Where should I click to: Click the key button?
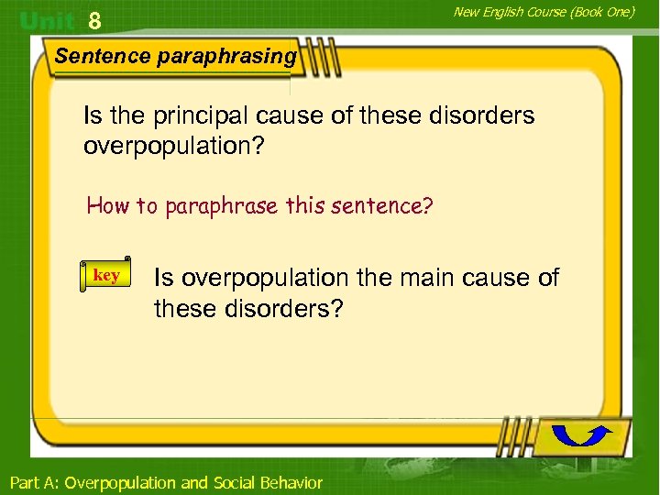(106, 276)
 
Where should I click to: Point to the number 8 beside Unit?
(93, 20)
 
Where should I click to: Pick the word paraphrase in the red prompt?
(223, 205)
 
